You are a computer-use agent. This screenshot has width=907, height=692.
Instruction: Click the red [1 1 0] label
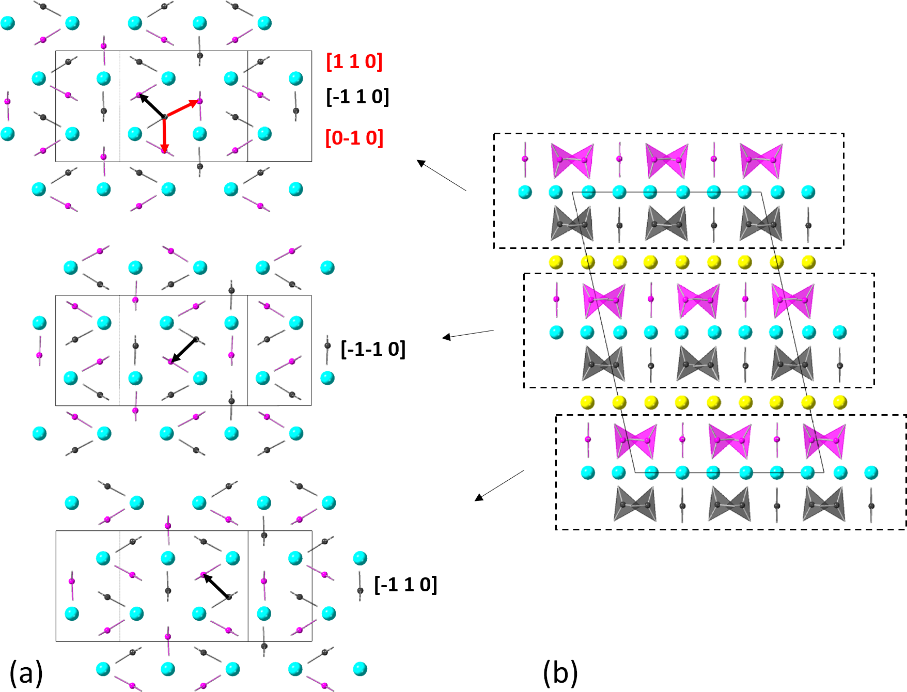(354, 61)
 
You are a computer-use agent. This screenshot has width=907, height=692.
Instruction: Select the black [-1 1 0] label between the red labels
(357, 97)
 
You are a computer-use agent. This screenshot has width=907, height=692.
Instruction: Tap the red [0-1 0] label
(354, 138)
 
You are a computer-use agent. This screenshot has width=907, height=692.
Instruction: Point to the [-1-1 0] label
(373, 349)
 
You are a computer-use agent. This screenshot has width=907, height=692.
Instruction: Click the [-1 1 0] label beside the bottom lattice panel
(405, 585)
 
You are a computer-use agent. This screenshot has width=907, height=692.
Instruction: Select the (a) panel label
(26, 673)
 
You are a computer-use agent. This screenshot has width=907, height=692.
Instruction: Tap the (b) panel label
(560, 673)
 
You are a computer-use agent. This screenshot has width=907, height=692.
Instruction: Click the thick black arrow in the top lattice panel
(151, 106)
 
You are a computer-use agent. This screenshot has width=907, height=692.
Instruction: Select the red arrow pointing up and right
(182, 108)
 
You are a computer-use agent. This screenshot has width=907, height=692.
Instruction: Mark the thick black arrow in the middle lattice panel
(183, 350)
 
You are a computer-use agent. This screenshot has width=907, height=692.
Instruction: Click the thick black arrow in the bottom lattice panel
(216, 586)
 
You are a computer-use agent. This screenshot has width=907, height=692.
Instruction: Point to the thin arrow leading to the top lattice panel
(442, 176)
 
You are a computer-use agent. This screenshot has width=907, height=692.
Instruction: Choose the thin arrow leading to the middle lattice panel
(468, 334)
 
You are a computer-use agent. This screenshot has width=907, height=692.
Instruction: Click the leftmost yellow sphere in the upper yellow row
(556, 262)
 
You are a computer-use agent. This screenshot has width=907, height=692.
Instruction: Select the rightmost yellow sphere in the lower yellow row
(840, 402)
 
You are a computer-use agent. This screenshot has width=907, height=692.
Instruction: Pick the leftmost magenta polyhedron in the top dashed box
(572, 161)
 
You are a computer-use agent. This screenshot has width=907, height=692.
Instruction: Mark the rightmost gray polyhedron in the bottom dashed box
(824, 505)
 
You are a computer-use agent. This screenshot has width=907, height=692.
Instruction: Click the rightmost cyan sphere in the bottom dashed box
(871, 472)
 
